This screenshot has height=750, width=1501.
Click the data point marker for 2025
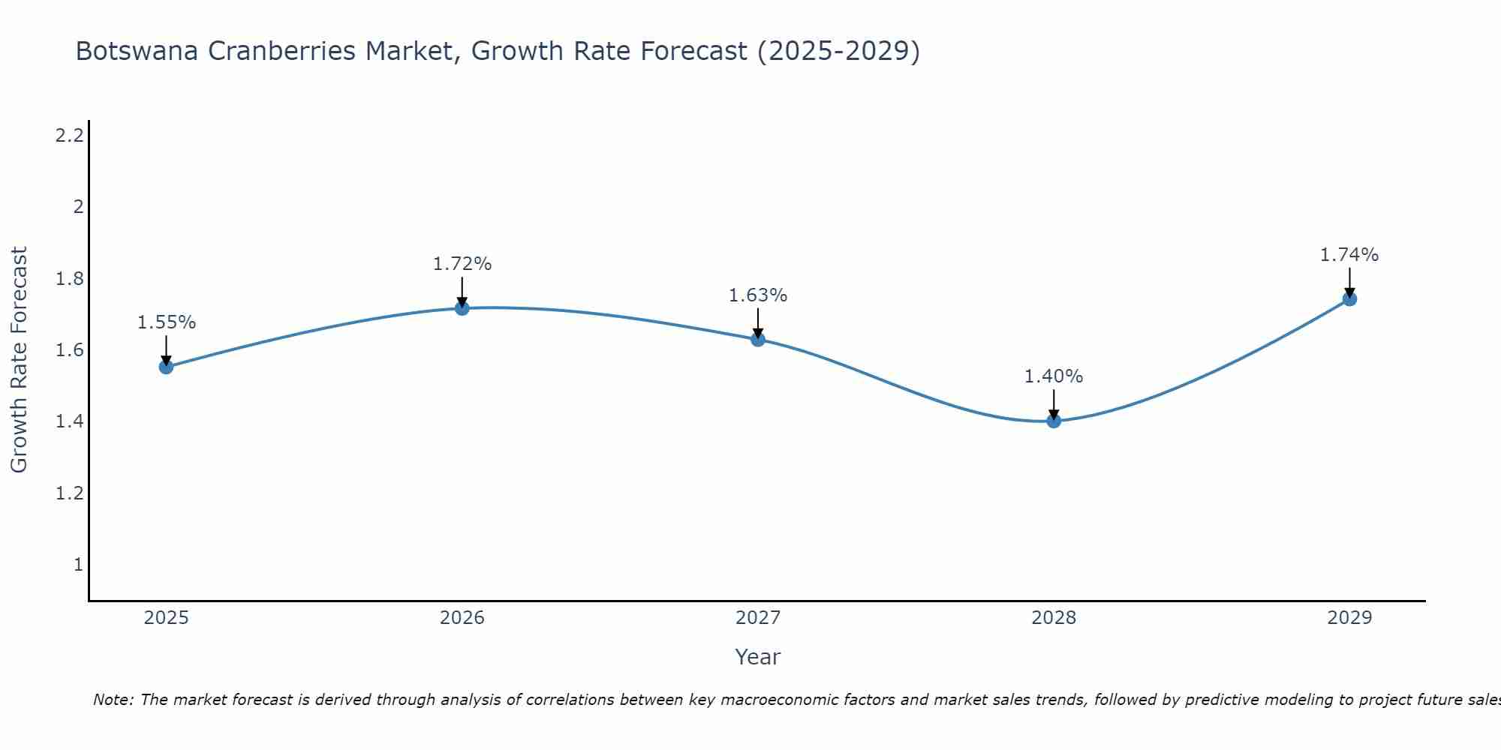click(x=167, y=367)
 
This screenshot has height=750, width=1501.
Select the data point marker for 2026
click(x=462, y=308)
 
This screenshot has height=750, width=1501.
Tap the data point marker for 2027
click(x=758, y=339)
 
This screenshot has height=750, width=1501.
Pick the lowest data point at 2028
click(x=1054, y=421)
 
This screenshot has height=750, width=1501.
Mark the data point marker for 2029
click(x=1349, y=299)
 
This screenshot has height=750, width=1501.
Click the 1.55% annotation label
click(x=167, y=322)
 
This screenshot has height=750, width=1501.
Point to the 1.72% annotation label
click(x=462, y=264)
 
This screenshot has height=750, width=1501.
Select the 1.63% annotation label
click(x=758, y=295)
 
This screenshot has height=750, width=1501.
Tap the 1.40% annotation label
click(x=1054, y=376)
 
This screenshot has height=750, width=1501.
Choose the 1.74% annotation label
click(x=1349, y=255)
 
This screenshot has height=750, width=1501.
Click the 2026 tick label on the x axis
click(x=462, y=618)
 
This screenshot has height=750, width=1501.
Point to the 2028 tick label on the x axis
click(x=1054, y=618)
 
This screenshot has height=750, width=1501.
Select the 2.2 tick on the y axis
click(x=70, y=136)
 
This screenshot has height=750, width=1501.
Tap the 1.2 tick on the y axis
click(x=70, y=493)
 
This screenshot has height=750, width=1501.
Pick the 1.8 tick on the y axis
click(x=70, y=279)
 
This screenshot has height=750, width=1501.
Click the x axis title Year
click(x=758, y=657)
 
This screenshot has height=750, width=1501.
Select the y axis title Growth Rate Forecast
click(x=19, y=360)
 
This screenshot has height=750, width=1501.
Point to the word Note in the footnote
click(x=113, y=700)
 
